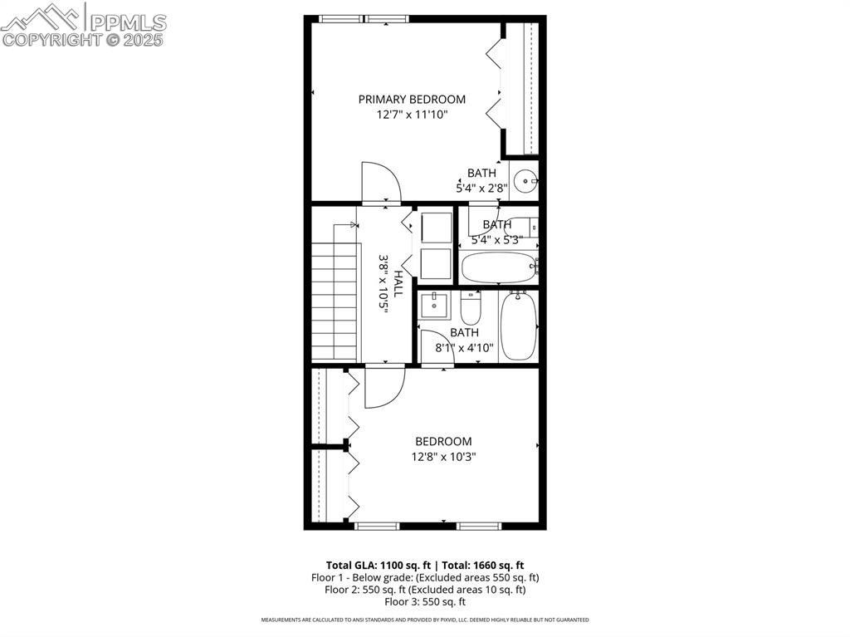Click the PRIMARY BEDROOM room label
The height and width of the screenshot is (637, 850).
click(x=412, y=100)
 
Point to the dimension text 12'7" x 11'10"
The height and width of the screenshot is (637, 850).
click(x=412, y=115)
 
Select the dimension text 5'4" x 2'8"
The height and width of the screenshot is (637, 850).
click(x=481, y=189)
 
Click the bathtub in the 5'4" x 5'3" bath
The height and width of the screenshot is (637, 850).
click(x=498, y=267)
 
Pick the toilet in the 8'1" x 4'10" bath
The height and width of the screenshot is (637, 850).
click(x=470, y=308)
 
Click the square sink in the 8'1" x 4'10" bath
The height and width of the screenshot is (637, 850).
click(x=435, y=306)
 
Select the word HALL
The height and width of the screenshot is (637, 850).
click(x=398, y=283)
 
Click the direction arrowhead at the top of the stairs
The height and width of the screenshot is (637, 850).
click(x=354, y=224)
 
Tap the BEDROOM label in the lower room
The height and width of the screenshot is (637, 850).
click(x=443, y=441)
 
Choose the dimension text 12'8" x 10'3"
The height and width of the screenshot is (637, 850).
click(x=443, y=457)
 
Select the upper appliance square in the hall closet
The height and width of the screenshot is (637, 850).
click(x=437, y=228)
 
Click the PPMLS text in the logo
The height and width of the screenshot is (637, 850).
click(x=128, y=22)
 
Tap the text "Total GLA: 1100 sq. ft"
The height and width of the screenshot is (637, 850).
click(x=379, y=566)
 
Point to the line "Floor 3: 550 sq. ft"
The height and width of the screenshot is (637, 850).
click(x=425, y=602)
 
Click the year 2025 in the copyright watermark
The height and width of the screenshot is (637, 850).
click(x=143, y=40)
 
